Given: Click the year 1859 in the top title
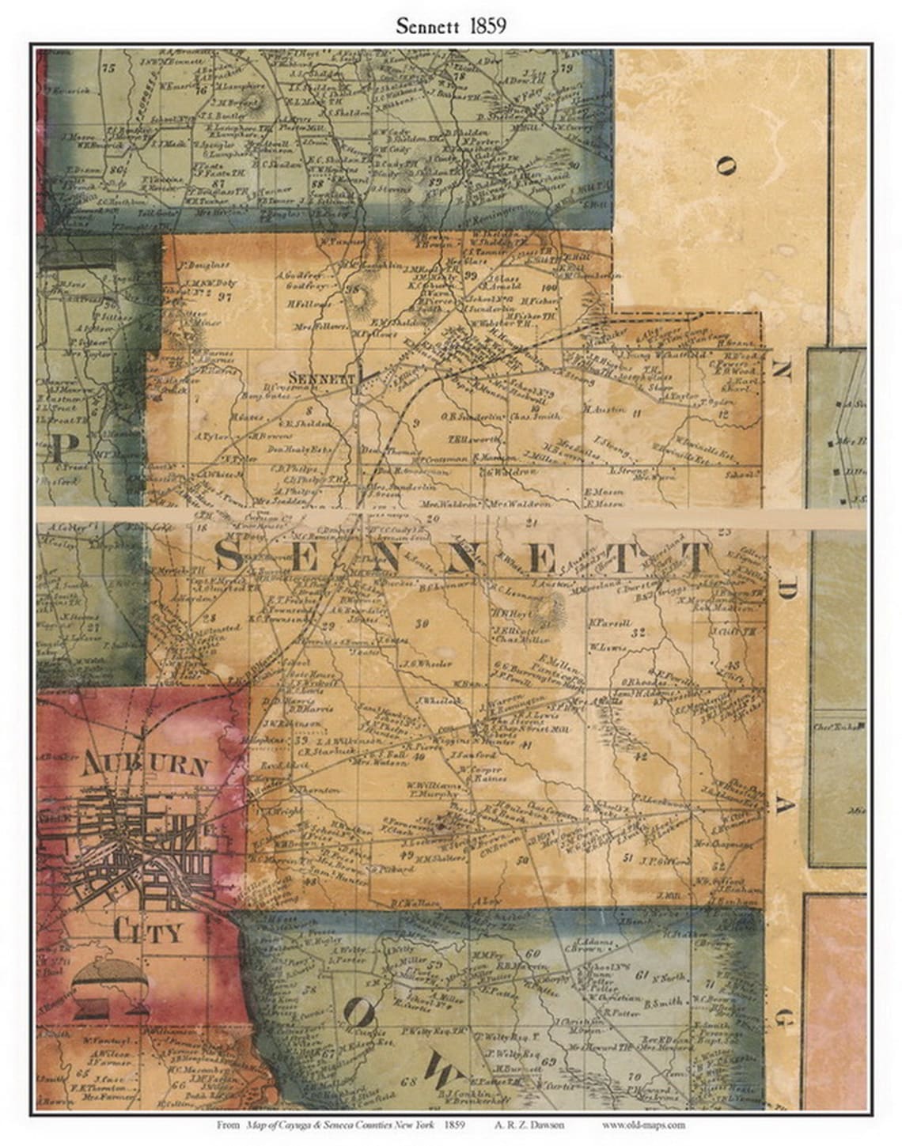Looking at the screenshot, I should click(484, 25).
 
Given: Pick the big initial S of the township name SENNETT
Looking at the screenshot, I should click(230, 556).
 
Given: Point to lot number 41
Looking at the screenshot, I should click(527, 744).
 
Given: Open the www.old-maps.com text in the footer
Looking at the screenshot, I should click(643, 1125).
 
